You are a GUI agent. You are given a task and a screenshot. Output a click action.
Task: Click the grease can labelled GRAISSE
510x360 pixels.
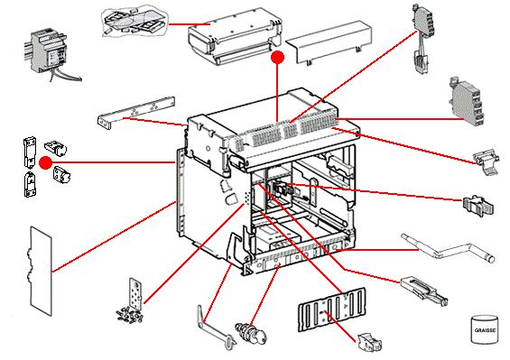click(485, 328)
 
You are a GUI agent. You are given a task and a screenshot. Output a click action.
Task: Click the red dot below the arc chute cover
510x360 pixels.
click(277, 58)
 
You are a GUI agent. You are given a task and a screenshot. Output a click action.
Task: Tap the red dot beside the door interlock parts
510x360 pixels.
click(45, 162)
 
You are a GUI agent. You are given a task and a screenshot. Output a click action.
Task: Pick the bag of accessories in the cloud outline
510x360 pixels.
click(135, 22)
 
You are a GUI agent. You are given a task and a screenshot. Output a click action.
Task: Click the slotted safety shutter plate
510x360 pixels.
click(332, 309)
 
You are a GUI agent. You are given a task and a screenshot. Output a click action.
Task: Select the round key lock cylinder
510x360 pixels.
click(251, 333)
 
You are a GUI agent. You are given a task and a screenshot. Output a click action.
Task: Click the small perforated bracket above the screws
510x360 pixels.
click(136, 293)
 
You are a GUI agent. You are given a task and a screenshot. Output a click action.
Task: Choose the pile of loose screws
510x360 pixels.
click(129, 316)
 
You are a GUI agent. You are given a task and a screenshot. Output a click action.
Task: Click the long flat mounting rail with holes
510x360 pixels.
click(136, 112)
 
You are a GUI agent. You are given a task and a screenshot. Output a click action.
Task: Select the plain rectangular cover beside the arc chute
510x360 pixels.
click(329, 42)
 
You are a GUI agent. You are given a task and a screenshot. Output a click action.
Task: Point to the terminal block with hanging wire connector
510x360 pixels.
click(422, 38)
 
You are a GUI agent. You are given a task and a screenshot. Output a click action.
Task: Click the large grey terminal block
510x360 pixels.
click(466, 101)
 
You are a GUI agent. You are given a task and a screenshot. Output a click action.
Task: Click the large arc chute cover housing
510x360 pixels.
click(235, 36)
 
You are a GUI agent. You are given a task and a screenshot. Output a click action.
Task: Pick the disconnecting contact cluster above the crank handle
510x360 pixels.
click(478, 206)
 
